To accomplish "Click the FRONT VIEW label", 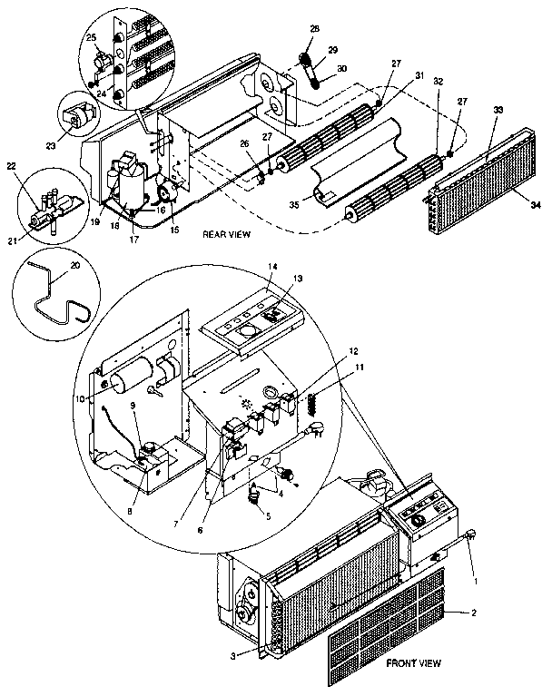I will (x=412, y=663).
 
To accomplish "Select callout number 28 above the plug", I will (x=315, y=30).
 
